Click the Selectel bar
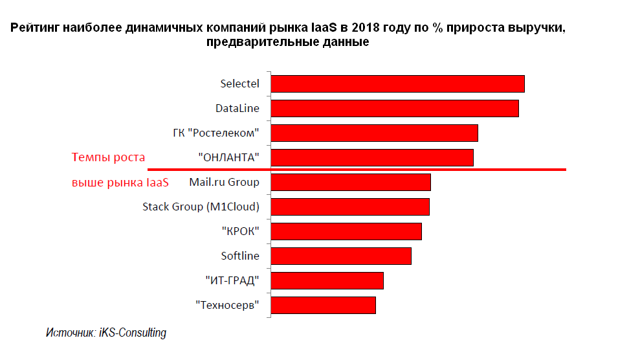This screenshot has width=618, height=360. (397, 84)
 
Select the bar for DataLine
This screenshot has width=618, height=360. (395, 109)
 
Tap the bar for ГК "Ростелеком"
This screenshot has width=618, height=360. (374, 133)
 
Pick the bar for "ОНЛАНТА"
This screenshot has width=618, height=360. (372, 157)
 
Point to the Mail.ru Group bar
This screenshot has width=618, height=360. (351, 183)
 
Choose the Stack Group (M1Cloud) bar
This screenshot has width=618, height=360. (350, 207)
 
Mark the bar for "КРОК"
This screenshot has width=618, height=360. (346, 231)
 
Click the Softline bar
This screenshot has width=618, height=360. (341, 256)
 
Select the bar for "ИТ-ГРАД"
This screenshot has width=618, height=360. (327, 280)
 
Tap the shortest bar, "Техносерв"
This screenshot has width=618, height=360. (323, 305)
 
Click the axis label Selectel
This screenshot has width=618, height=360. (239, 84)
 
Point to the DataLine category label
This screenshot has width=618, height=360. (237, 109)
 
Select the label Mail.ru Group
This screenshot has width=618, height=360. (224, 182)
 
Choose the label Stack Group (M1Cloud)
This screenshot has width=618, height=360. (201, 207)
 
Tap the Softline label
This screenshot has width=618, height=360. (240, 256)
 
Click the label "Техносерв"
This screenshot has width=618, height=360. (227, 305)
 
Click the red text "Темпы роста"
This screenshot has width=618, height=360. (108, 157)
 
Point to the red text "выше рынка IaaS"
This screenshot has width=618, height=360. (120, 183)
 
